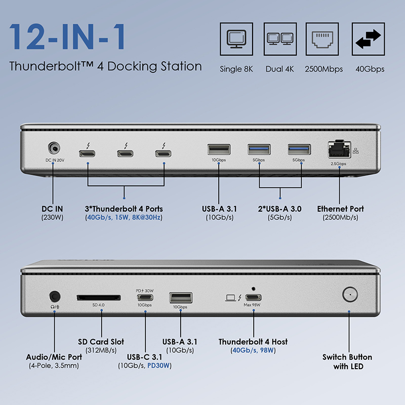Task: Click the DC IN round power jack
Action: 54,148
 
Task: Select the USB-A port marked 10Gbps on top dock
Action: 218,149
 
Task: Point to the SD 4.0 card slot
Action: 99,297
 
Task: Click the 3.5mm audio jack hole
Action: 54,296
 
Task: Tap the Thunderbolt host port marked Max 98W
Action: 253,297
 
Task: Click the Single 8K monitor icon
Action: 236,39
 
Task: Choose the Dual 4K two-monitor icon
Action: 280,39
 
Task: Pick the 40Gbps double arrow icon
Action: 369,39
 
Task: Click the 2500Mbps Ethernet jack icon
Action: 323,39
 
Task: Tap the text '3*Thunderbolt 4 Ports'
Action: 124,209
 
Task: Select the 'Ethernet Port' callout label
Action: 340,209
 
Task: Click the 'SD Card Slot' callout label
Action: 101,342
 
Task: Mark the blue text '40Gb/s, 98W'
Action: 253,350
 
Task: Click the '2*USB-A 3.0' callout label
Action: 280,209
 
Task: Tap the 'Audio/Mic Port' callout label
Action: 54,357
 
